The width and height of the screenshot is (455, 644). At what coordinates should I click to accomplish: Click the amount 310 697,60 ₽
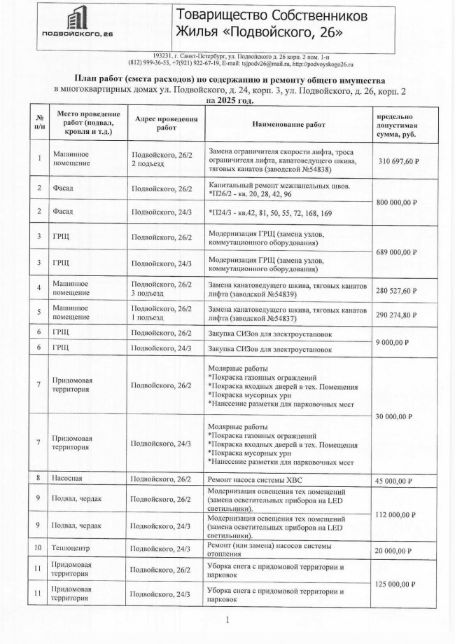(x=407, y=161)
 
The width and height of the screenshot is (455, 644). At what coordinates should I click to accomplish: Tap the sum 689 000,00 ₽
(x=407, y=250)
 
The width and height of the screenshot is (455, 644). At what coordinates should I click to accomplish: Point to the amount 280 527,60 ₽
(x=407, y=290)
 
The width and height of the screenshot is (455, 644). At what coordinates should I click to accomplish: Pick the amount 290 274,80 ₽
(x=407, y=315)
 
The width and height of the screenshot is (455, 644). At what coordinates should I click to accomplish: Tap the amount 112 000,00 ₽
(x=407, y=514)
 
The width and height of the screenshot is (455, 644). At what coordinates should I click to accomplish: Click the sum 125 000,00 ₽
(x=407, y=583)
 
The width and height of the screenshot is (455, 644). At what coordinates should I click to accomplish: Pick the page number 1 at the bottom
(x=228, y=619)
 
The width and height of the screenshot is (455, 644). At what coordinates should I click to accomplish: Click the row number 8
(x=39, y=479)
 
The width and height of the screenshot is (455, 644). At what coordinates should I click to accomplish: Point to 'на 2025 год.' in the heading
(x=228, y=100)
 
